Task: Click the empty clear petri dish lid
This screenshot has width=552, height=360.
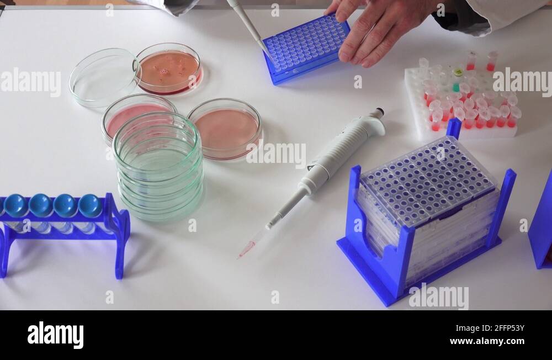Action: pyautogui.click(x=103, y=78)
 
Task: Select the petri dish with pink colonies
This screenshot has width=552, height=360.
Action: pyautogui.click(x=169, y=69)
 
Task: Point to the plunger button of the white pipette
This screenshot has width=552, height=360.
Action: pyautogui.click(x=378, y=113)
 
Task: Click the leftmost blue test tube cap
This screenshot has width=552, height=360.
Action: pyautogui.click(x=15, y=205)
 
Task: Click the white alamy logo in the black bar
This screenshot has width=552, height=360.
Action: pyautogui.click(x=55, y=335)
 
